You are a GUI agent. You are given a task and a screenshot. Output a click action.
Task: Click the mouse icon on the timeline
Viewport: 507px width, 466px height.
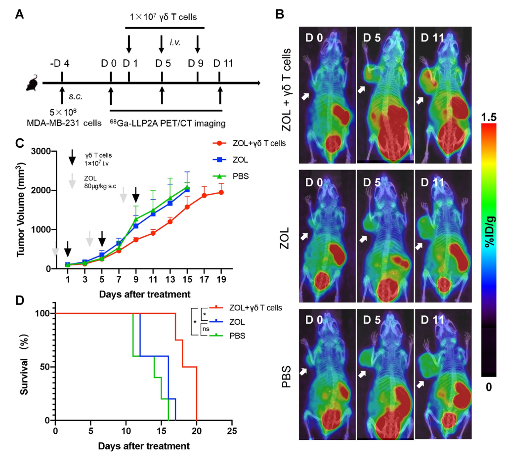tap(33, 84)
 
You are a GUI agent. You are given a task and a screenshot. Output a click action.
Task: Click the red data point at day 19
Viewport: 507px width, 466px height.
tap(221, 192)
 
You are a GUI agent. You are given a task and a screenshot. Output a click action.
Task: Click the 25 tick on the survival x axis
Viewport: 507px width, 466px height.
tap(231, 430)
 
